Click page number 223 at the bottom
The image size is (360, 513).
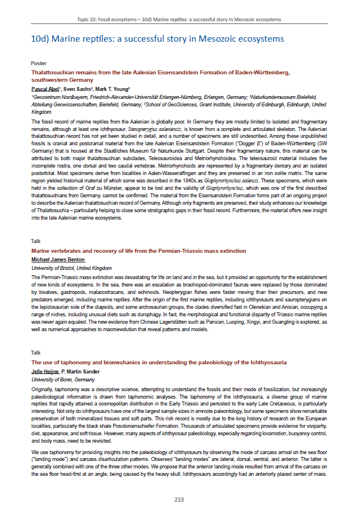pyautogui.click(x=179, y=499)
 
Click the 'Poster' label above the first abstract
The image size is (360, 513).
pyautogui.click(x=39, y=63)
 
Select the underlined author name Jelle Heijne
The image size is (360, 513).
pyautogui.click(x=46, y=371)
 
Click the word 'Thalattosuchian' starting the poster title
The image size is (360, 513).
pyautogui.click(x=52, y=73)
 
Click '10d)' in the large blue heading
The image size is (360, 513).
pyautogui.click(x=40, y=39)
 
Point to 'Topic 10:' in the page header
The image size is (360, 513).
pyautogui.click(x=88, y=19)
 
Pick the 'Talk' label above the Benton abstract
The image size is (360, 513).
pyautogui.click(x=36, y=241)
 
